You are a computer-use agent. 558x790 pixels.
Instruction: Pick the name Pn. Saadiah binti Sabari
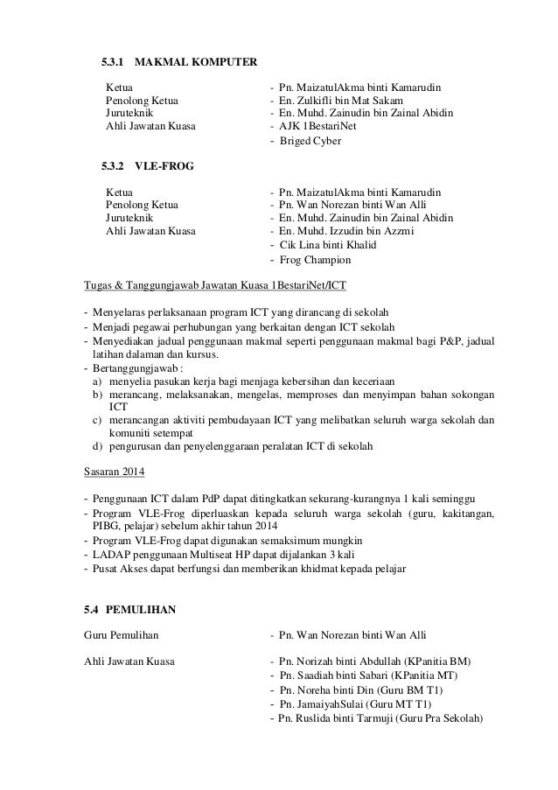(x=334, y=675)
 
